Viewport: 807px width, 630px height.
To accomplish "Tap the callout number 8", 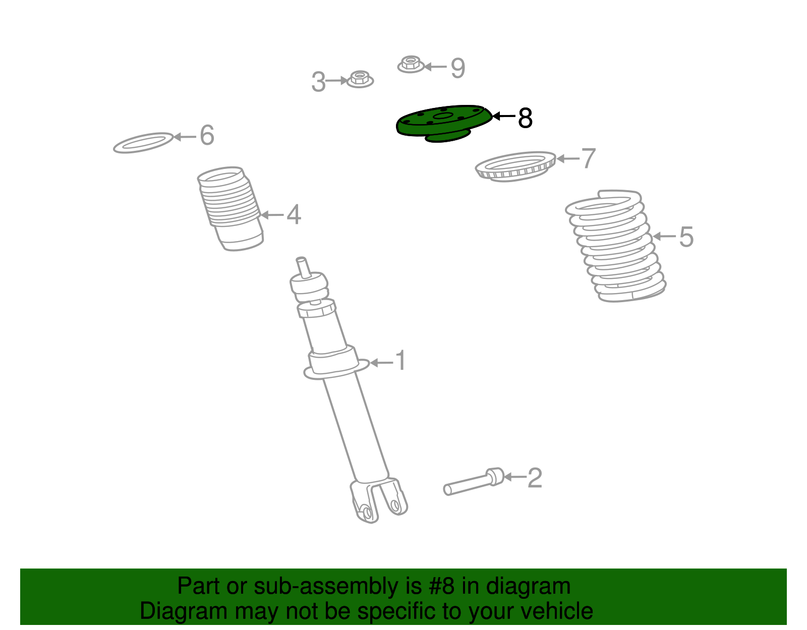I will [525, 119].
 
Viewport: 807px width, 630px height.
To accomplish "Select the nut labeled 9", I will [411, 65].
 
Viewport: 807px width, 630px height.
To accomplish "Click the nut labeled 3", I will [360, 79].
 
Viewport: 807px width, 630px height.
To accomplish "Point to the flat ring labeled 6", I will [143, 143].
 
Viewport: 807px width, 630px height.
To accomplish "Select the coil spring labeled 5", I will [615, 247].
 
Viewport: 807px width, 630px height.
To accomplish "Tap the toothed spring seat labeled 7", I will [515, 166].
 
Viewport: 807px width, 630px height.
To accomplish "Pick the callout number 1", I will [400, 361].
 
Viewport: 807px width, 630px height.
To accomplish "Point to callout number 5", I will [686, 237].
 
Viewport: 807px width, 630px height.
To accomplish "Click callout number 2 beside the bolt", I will [535, 478].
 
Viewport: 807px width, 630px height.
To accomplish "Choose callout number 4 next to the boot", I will [294, 215].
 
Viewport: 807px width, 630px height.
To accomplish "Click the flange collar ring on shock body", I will [335, 370].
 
